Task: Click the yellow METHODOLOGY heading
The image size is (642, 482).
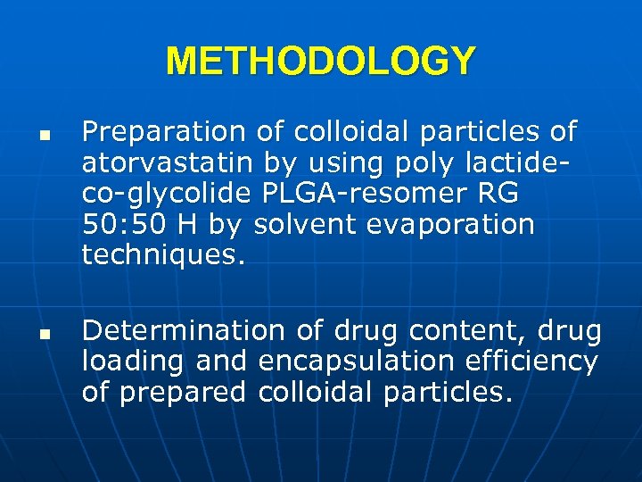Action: [320, 61]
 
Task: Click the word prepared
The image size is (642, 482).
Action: [184, 393]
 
